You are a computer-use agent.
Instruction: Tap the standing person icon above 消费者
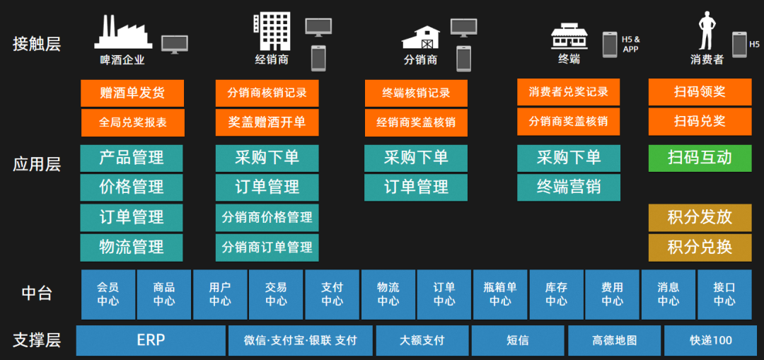point(707,31)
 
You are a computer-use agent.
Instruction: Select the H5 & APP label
point(630,44)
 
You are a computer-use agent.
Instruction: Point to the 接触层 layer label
point(37,44)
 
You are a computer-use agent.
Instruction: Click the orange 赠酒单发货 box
point(132,93)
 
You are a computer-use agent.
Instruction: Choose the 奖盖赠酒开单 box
point(267,122)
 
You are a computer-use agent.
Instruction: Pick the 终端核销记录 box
point(416,93)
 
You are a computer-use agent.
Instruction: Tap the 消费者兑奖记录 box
point(568,92)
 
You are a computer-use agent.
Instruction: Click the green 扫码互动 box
point(700,158)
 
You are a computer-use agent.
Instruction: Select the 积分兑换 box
point(700,248)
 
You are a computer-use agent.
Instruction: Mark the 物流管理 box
point(132,248)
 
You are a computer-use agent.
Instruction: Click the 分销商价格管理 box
point(267,217)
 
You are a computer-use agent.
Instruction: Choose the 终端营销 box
point(568,187)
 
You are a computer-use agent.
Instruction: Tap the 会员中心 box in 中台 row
point(108,294)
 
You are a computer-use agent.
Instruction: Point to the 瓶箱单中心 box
point(500,294)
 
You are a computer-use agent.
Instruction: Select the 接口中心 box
point(724,294)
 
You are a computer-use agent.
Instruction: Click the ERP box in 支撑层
point(151,340)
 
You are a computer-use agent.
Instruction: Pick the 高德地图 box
point(615,340)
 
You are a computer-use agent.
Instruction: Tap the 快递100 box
point(711,340)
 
